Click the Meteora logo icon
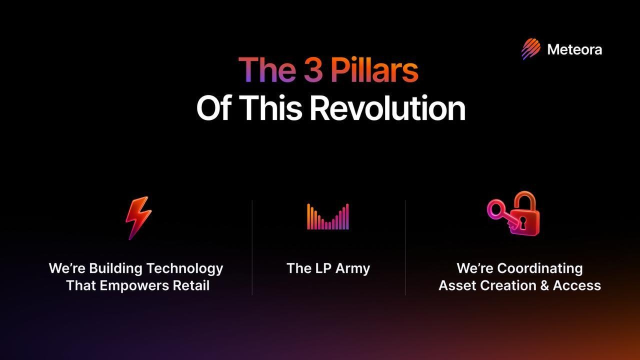coord(531,49)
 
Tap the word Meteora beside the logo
coord(574,49)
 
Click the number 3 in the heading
coord(313,69)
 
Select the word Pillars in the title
coord(374,69)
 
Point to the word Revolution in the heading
coord(387,108)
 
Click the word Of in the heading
coord(213,108)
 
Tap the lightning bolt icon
coord(138,217)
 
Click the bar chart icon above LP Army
coord(328,216)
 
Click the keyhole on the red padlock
coord(522,222)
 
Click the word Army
coord(353,269)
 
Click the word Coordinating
coord(539,269)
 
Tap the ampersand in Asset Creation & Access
coord(544,285)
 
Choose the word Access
coord(577,285)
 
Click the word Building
coord(115,269)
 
